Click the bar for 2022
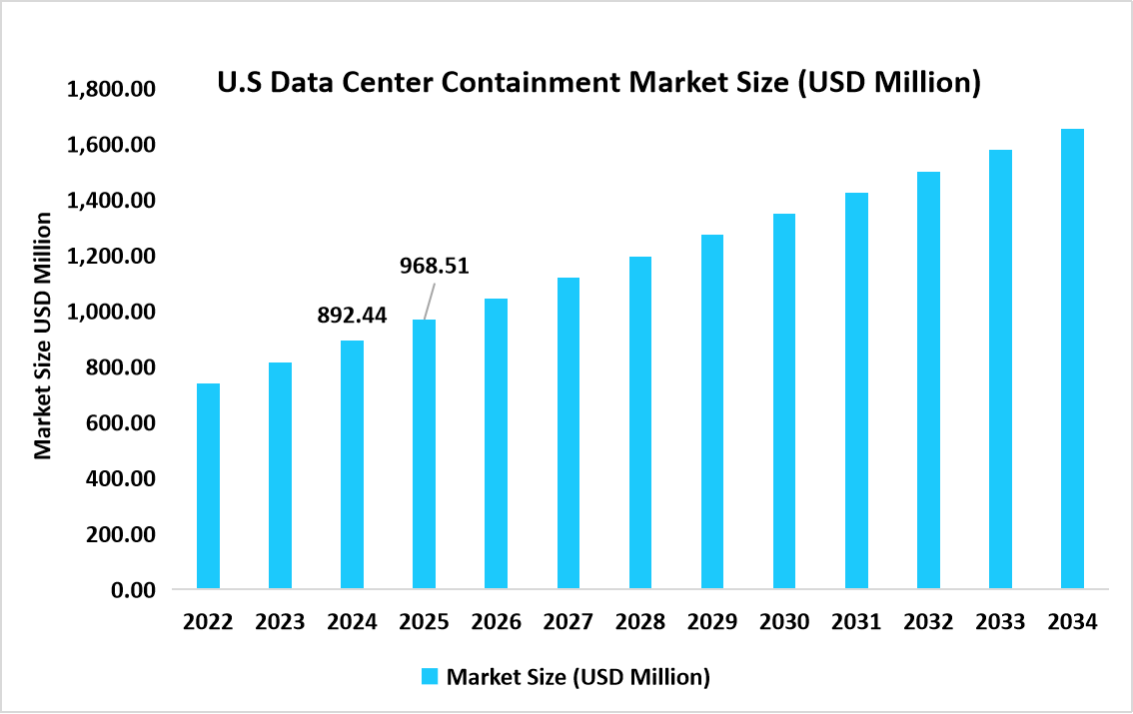(208, 486)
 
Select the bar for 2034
(1072, 358)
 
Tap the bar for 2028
(639, 422)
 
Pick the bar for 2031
(856, 390)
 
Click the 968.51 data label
(434, 266)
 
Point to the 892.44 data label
(352, 316)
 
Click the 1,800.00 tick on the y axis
(110, 90)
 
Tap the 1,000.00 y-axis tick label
(110, 313)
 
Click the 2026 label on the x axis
(497, 622)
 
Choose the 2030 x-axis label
(784, 622)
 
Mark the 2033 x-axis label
(1000, 622)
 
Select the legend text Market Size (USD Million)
(577, 677)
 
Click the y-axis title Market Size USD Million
(43, 335)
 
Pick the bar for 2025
(424, 454)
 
